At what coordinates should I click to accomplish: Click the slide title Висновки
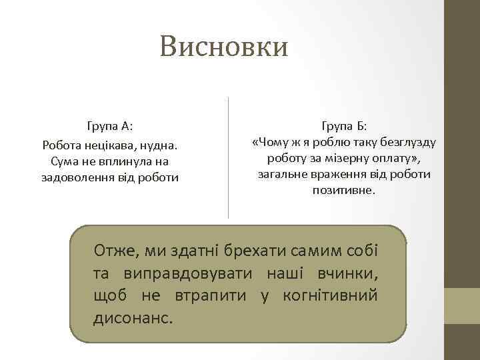pyautogui.click(x=224, y=47)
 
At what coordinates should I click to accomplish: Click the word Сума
pyautogui.click(x=64, y=161)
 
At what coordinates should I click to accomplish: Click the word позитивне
pyautogui.click(x=344, y=191)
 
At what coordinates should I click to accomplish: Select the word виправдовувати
pyautogui.click(x=189, y=273)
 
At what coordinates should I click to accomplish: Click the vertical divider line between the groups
pyautogui.click(x=229, y=157)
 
